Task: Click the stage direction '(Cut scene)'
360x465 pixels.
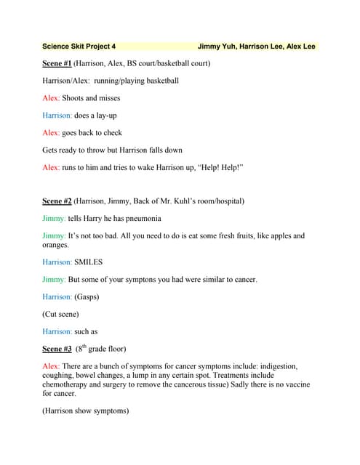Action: (x=60, y=314)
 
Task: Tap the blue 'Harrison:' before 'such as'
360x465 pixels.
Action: (x=57, y=331)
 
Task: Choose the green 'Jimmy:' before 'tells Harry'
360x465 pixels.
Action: (x=55, y=218)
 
